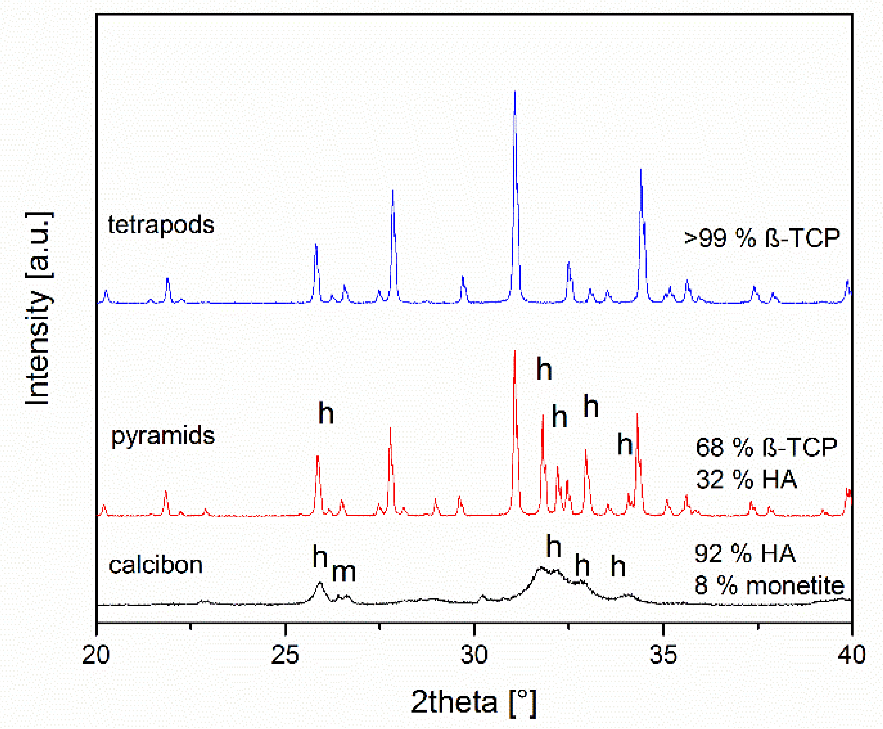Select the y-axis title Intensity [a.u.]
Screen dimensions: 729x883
click(x=39, y=309)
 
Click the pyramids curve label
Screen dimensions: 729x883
click(x=162, y=436)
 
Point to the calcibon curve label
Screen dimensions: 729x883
click(x=155, y=565)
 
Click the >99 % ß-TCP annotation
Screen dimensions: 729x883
click(x=762, y=238)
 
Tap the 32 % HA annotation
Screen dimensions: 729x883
click(x=746, y=479)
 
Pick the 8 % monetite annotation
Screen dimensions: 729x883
click(x=769, y=585)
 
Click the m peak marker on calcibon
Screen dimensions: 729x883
click(x=344, y=572)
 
